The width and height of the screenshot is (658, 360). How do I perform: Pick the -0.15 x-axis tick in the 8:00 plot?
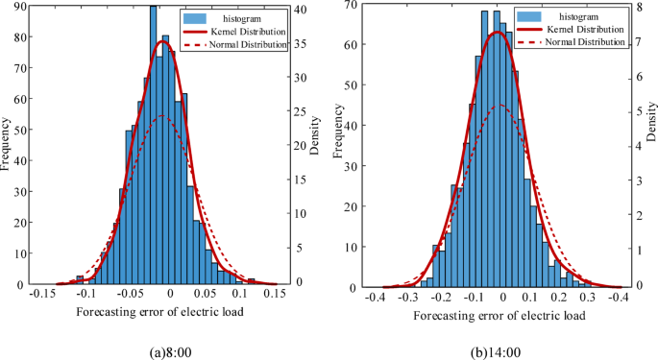tap(43, 295)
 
